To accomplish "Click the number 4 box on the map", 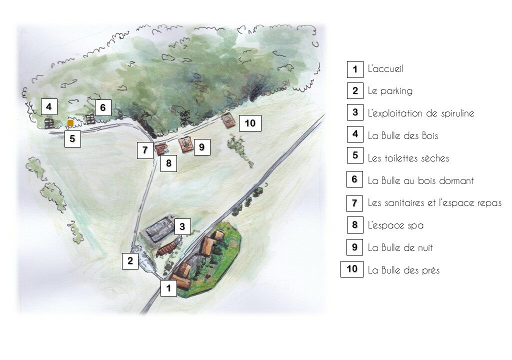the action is click(49, 106).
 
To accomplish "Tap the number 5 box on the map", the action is click(72, 139).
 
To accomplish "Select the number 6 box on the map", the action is click(103, 107).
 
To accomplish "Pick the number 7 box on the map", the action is click(145, 150).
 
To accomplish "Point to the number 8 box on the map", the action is click(168, 163).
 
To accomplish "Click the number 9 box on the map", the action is click(202, 147).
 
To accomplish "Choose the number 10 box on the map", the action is click(250, 123).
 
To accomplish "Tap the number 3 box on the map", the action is click(182, 226).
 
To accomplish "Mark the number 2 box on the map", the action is click(130, 261).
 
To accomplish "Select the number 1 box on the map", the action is click(168, 288).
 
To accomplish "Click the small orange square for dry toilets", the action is click(70, 123).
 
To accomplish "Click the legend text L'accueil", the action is click(385, 69).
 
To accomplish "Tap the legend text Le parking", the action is click(390, 91).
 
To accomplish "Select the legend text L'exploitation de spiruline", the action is click(421, 113).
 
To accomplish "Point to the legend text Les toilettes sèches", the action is click(408, 158).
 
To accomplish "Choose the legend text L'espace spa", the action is click(396, 225).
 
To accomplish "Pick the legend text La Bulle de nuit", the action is click(400, 248).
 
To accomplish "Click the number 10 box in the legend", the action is click(352, 269).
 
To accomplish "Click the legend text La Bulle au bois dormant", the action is click(421, 180).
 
